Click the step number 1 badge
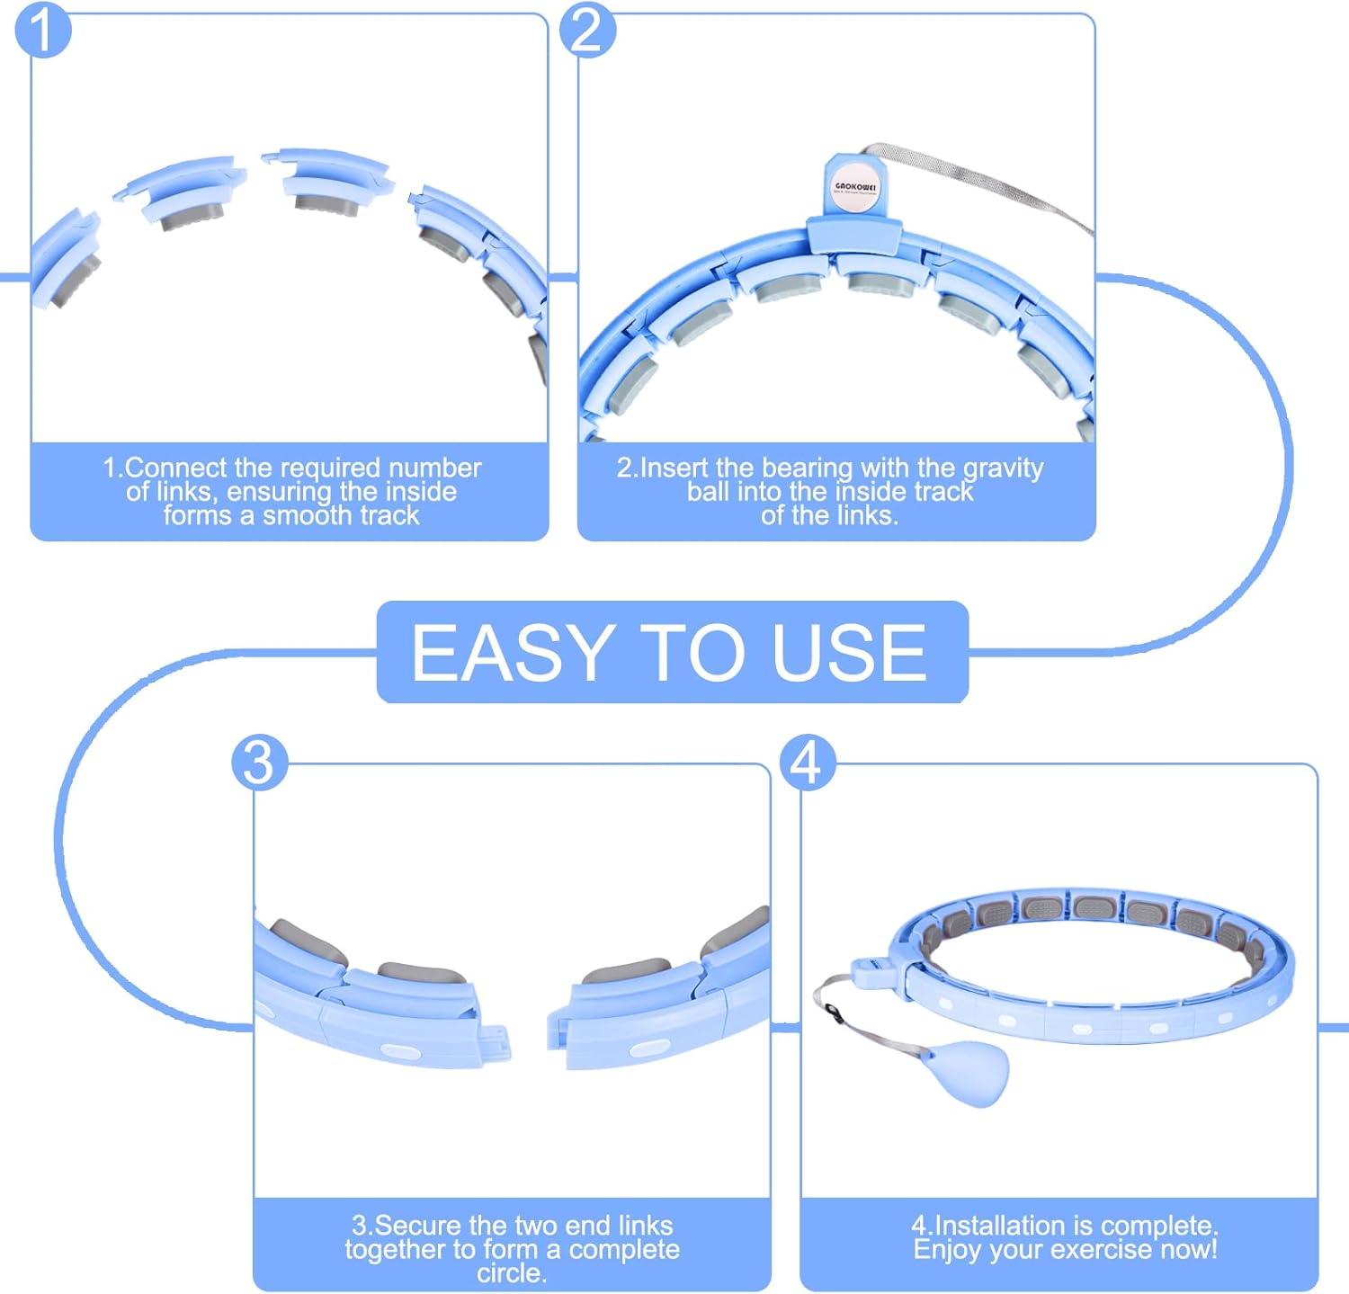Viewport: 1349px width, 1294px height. coord(42,31)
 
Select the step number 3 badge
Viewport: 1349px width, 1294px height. coord(259,763)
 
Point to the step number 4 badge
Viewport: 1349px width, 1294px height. coord(807,763)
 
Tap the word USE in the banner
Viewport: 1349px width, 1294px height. coord(849,653)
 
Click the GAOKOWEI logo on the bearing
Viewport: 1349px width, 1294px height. coord(855,187)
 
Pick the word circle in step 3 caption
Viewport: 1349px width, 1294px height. coord(511,1273)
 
